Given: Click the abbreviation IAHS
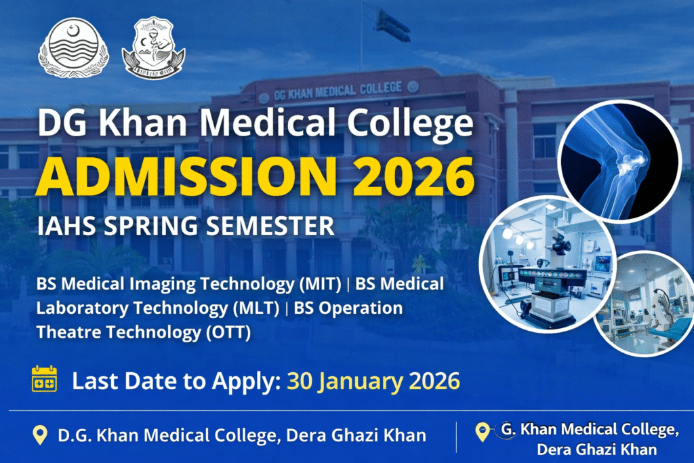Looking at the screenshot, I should pos(63,226).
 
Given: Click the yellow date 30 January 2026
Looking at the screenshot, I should pos(373,380).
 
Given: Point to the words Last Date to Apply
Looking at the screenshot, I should pos(176,380).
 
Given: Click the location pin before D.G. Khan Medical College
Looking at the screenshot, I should pos(40,435).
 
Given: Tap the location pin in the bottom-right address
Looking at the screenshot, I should pos(483,430).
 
